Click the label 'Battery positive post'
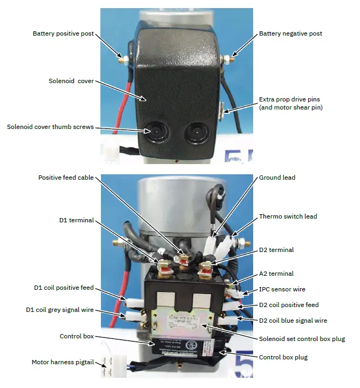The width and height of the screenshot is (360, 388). [x=63, y=33]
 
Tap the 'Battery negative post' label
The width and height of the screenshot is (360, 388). [x=290, y=33]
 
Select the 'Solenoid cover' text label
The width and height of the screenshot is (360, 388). [x=71, y=81]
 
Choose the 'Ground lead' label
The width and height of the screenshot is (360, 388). [x=277, y=178]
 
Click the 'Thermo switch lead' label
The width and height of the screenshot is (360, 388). [x=288, y=216]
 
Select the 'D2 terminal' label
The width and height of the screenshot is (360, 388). [x=276, y=250]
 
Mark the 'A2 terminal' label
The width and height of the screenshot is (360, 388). [x=276, y=274]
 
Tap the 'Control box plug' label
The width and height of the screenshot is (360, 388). [x=284, y=357]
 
